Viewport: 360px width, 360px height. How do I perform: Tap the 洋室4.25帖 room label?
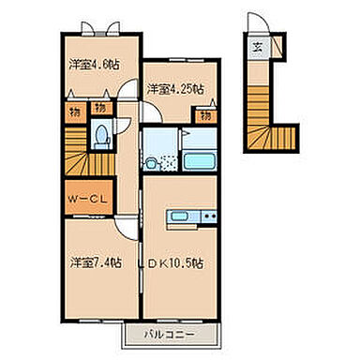[174, 89]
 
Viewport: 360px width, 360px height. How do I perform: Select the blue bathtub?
[199, 159]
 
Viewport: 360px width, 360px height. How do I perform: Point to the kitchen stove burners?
[209, 219]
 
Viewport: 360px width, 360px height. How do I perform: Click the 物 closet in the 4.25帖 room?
[203, 114]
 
